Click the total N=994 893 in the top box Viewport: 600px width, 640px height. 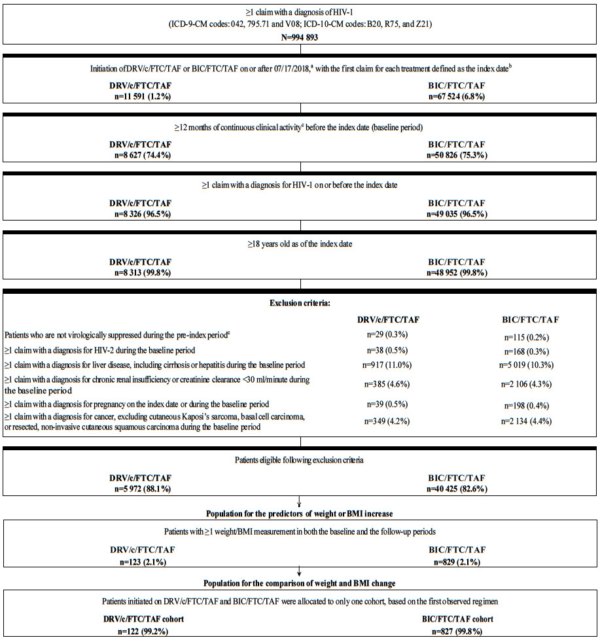[300, 38]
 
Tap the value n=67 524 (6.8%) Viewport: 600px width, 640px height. [455, 96]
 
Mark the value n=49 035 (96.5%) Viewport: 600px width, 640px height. [455, 213]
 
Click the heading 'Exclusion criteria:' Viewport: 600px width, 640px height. [300, 304]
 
